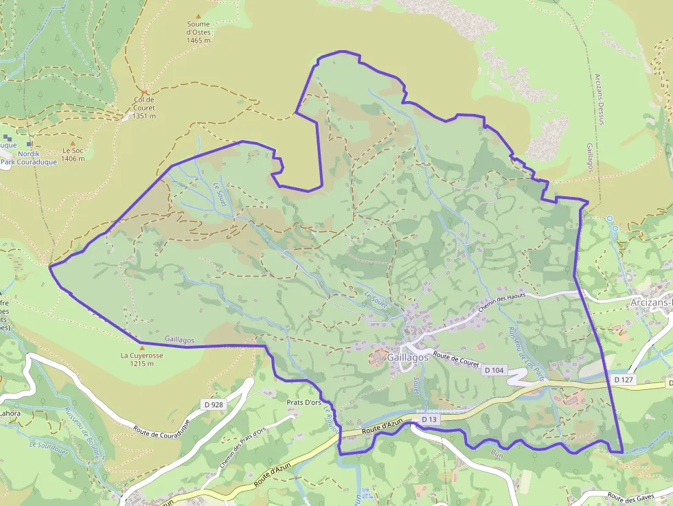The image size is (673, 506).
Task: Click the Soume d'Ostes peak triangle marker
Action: point(199,16)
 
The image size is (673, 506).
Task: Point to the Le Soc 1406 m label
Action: point(73,154)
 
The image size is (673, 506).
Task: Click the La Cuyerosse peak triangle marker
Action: point(142,348)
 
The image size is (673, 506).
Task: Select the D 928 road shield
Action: point(214,405)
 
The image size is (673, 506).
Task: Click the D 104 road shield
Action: point(494,371)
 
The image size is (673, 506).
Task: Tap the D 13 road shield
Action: point(429,419)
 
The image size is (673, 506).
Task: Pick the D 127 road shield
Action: point(622,379)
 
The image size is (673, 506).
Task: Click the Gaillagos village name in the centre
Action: point(407,358)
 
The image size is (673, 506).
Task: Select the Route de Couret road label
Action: point(456,360)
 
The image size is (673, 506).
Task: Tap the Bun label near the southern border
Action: point(497,454)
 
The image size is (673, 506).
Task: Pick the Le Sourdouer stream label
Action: point(47,445)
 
